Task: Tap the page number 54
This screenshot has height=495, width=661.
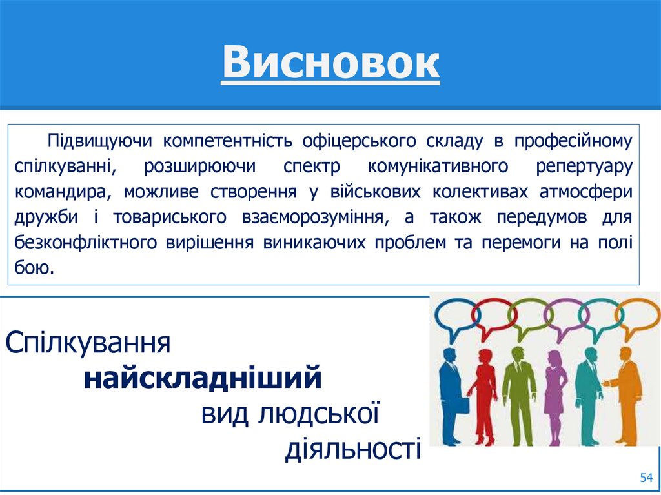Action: pos(646,478)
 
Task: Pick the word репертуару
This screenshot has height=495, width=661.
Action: pos(584,166)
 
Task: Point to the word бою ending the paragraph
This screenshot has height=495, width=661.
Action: pos(34,268)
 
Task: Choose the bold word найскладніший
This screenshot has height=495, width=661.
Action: pos(202,377)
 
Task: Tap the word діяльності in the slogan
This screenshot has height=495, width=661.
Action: pos(352,449)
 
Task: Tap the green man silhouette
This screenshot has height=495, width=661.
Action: pos(518,394)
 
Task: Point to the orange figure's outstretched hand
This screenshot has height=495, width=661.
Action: pos(606,384)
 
